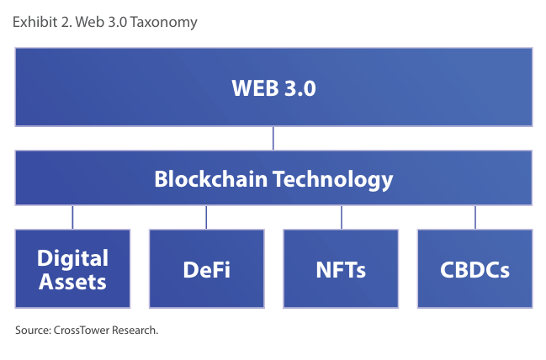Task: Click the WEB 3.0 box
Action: [273, 87]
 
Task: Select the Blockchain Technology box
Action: [273, 178]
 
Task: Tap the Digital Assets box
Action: [72, 268]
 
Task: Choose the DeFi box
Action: [207, 268]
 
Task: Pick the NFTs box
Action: [341, 268]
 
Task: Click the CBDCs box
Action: [475, 268]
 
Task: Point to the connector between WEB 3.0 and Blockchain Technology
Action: [273, 138]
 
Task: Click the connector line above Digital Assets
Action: [72, 217]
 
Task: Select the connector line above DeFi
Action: [206, 217]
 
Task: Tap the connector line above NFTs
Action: [342, 217]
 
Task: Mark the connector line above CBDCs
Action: [475, 217]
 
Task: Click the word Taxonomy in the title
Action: [164, 23]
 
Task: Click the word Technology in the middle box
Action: [333, 180]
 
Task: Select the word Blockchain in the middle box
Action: [210, 179]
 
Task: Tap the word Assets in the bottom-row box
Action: [72, 282]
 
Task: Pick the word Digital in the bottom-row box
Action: [72, 259]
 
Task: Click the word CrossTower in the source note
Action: [82, 330]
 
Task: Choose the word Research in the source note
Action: [135, 330]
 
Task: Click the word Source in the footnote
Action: [33, 330]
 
